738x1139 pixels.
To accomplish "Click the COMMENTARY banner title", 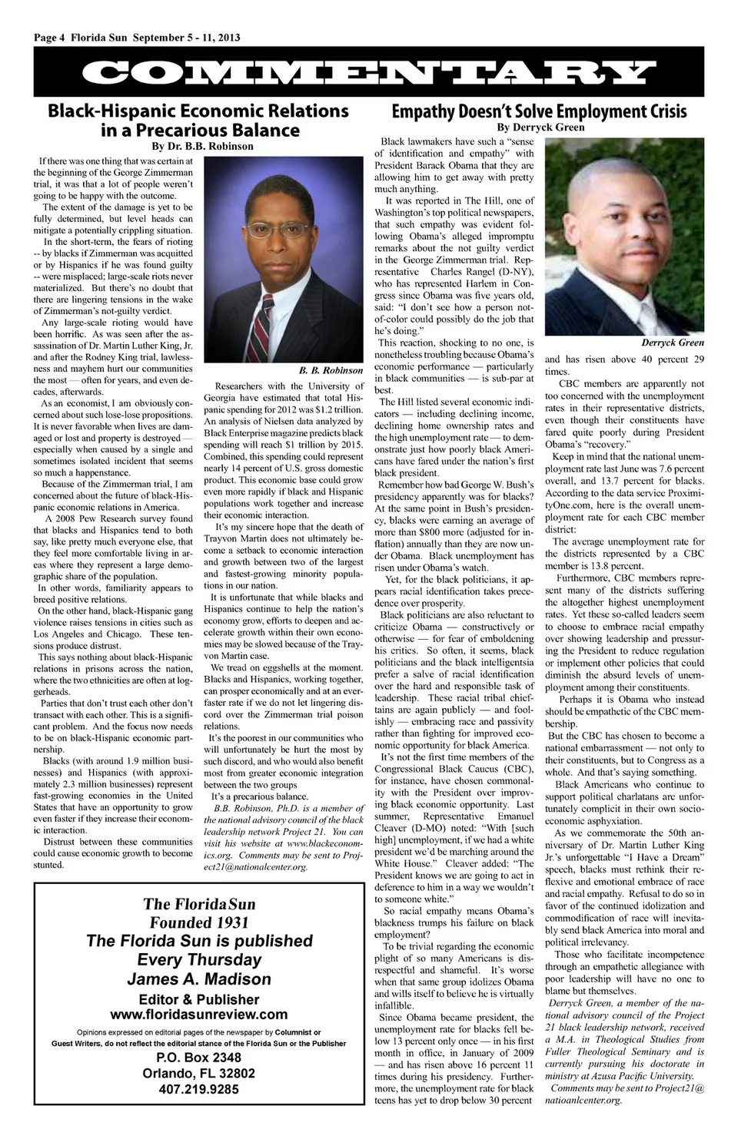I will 369,73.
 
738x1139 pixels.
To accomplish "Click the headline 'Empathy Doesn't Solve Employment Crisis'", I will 539,111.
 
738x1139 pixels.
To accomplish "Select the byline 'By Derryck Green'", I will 540,127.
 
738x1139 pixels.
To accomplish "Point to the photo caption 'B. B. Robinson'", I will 331,370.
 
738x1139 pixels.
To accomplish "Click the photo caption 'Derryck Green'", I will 673,343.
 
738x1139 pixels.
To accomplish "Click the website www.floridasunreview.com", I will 199,1014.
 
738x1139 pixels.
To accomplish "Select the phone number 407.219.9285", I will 199,1089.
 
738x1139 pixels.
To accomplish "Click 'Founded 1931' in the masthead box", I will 199,922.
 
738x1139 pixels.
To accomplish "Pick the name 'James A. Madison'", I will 199,979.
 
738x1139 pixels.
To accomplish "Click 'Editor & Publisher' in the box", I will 199,999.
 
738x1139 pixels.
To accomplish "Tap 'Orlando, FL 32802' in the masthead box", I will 199,1073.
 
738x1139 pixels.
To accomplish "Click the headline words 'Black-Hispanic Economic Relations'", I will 198,111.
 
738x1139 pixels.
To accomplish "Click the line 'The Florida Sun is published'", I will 199,941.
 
